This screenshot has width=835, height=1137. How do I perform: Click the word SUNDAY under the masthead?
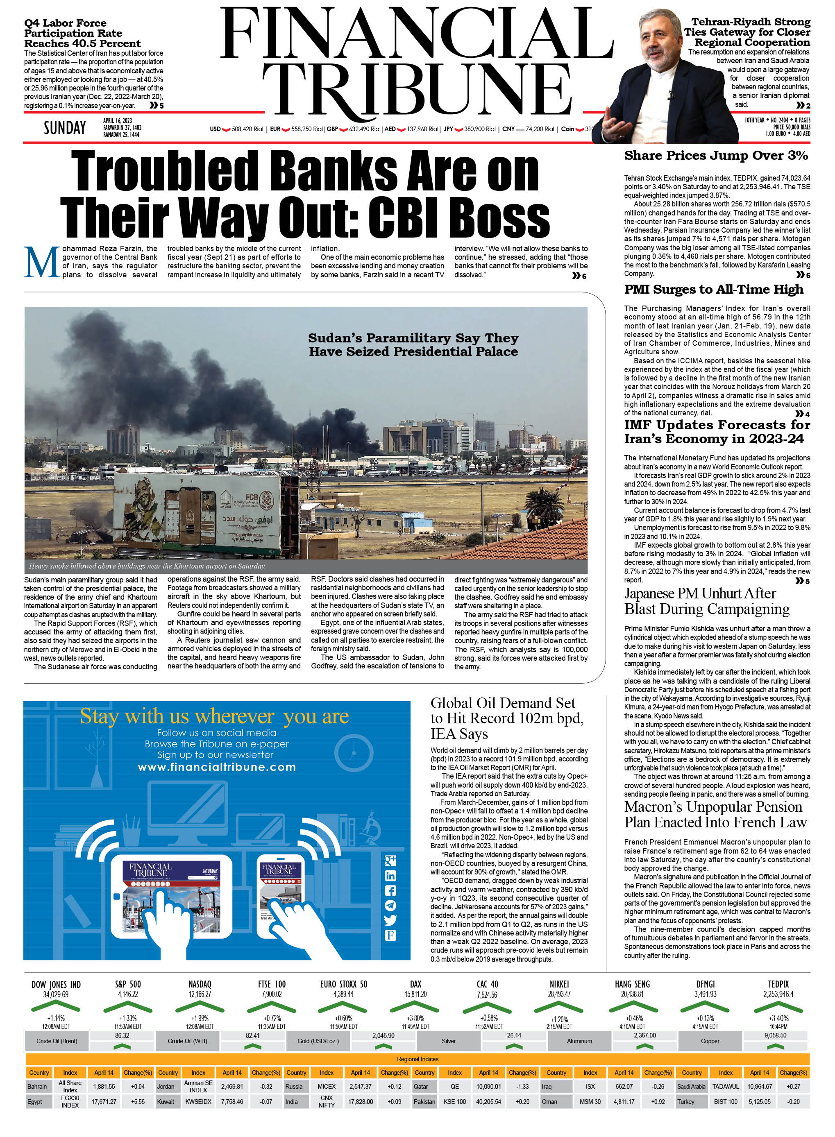point(65,128)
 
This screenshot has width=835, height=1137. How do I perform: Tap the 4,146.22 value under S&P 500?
point(127,994)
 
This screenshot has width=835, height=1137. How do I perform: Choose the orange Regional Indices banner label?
point(417,1059)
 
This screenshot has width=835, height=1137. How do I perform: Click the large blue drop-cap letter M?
point(41,262)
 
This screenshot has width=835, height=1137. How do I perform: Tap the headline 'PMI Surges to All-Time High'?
point(713,290)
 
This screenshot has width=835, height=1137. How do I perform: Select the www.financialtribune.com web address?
point(217,767)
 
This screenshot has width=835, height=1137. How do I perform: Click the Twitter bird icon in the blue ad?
point(390,920)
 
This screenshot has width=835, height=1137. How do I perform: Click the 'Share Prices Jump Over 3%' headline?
point(716,156)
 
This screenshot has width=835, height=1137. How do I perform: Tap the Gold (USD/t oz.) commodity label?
point(318,1041)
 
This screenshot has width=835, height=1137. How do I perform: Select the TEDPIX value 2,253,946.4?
point(778,994)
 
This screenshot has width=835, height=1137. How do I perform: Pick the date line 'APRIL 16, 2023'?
point(117,121)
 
